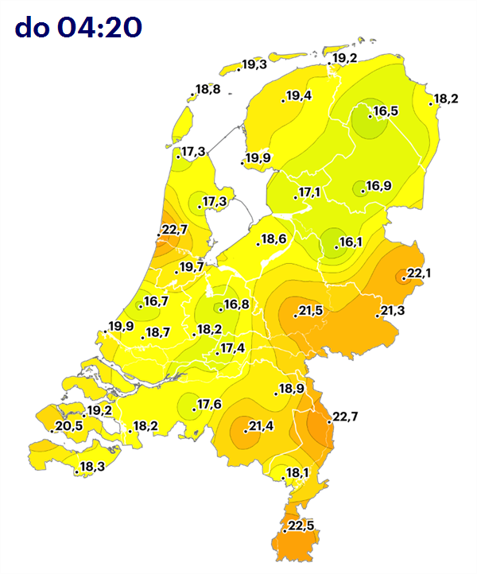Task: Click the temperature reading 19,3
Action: [254, 64]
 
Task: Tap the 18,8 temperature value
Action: [207, 89]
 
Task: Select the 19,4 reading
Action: [298, 96]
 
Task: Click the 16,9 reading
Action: [378, 187]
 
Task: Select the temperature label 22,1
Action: [418, 274]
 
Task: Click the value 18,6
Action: [273, 239]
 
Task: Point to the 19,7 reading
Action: [192, 266]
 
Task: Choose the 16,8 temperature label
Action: [236, 304]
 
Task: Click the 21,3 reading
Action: [392, 310]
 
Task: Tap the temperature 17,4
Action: [232, 348]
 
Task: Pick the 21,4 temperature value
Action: [261, 428]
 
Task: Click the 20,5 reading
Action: [68, 427]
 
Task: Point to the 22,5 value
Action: [301, 526]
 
